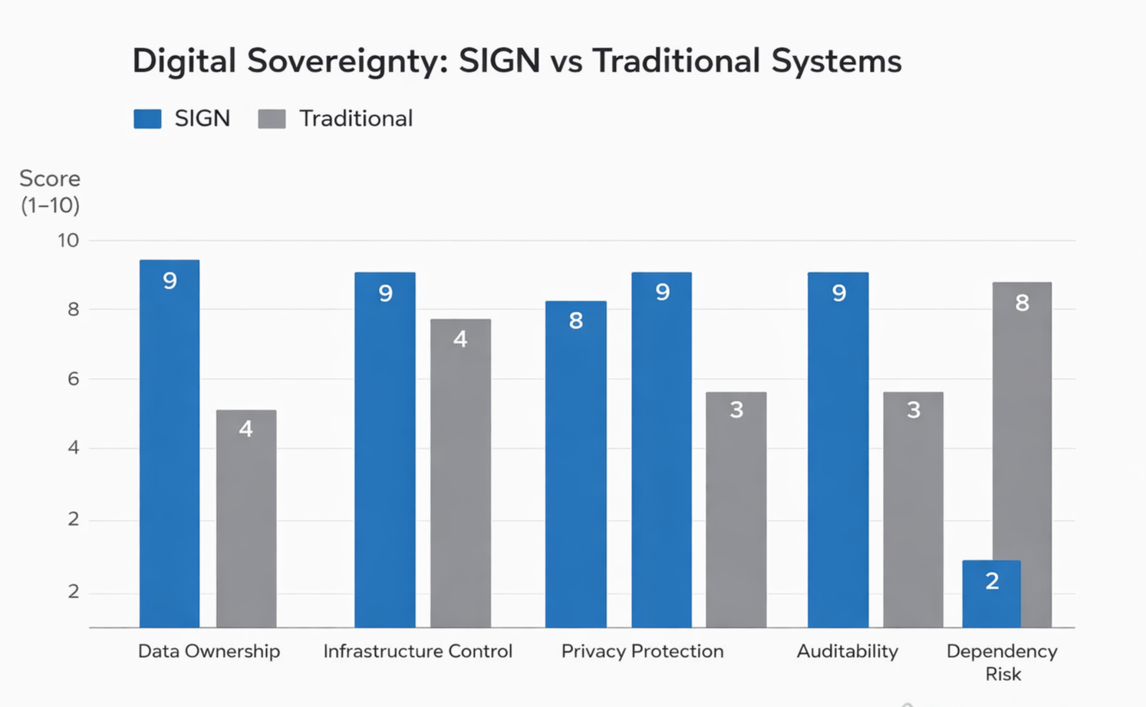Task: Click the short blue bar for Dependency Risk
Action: (x=991, y=594)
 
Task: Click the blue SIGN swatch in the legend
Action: (x=147, y=119)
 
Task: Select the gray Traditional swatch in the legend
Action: (x=272, y=119)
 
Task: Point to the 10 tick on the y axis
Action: (x=68, y=241)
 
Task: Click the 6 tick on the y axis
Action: (x=73, y=379)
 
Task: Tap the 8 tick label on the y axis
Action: (x=73, y=310)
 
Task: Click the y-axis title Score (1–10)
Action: (x=50, y=192)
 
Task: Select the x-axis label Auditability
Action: (x=847, y=651)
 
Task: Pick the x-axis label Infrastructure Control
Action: (x=417, y=651)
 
